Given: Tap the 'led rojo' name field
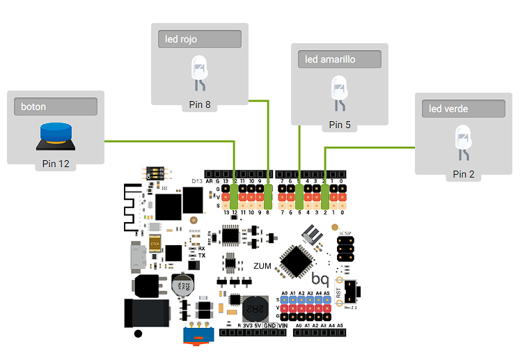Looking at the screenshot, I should click(x=200, y=39).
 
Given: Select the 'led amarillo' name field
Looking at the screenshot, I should click(x=340, y=59).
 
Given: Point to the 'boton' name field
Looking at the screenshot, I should click(x=55, y=107).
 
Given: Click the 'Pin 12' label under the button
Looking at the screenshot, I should click(x=55, y=164).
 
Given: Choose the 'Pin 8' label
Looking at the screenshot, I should click(x=199, y=105).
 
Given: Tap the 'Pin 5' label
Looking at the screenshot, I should click(x=340, y=125).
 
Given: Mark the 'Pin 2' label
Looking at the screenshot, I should click(x=463, y=174).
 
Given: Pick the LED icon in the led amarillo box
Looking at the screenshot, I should click(x=340, y=93).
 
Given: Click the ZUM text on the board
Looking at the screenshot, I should click(x=262, y=266).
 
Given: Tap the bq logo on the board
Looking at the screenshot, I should click(x=320, y=279).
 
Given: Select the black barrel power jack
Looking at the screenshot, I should click(x=146, y=313).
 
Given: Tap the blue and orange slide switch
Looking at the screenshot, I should click(x=197, y=337).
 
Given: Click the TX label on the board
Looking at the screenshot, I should click(x=201, y=256).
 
